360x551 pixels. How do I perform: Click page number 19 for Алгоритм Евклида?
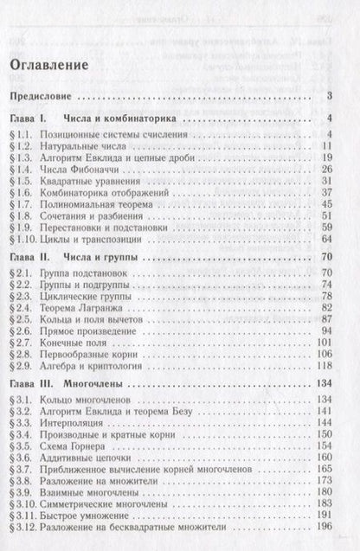[x=328, y=159]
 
